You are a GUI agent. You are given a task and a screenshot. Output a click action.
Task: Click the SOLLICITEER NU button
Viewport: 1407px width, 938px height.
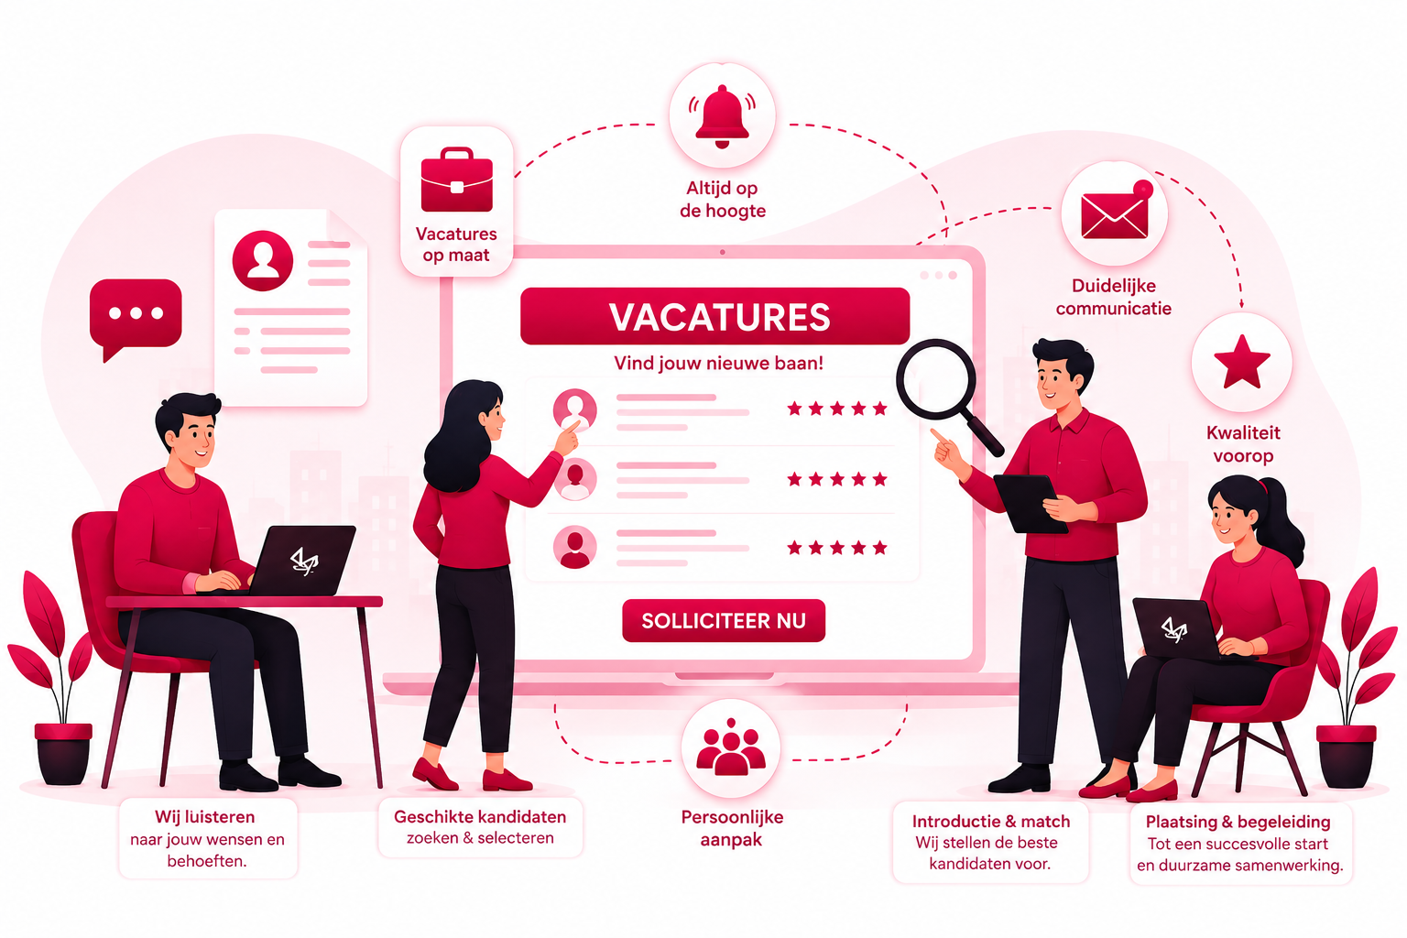pyautogui.click(x=723, y=621)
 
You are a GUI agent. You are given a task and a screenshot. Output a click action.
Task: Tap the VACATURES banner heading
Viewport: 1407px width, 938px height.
pyautogui.click(x=715, y=316)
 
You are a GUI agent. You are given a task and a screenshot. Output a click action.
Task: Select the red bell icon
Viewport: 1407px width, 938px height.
pyautogui.click(x=723, y=116)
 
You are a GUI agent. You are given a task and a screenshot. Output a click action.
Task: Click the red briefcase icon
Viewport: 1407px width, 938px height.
pyautogui.click(x=457, y=180)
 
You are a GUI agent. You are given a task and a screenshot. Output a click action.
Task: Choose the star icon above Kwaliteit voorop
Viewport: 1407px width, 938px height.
pyautogui.click(x=1242, y=362)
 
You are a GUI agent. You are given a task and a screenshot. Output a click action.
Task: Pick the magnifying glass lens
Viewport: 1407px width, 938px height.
pyautogui.click(x=936, y=378)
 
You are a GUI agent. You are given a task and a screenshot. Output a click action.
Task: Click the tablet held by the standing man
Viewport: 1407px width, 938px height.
pyautogui.click(x=1029, y=503)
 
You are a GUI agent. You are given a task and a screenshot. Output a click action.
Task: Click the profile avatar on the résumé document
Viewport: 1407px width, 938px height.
pyautogui.click(x=263, y=260)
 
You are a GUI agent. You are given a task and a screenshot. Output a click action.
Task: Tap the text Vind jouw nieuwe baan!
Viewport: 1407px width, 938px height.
pyautogui.click(x=718, y=363)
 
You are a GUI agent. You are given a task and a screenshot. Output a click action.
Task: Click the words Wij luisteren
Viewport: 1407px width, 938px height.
pyautogui.click(x=205, y=817)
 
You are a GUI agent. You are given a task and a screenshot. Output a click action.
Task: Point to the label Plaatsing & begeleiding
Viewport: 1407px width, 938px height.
pyautogui.click(x=1238, y=822)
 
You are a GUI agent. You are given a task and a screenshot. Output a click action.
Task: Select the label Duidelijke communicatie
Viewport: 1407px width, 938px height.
pyautogui.click(x=1113, y=297)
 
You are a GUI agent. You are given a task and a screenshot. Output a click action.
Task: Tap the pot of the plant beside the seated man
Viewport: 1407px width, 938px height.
pyautogui.click(x=63, y=753)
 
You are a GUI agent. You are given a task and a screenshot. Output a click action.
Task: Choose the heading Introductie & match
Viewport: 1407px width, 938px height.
pyautogui.click(x=990, y=821)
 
